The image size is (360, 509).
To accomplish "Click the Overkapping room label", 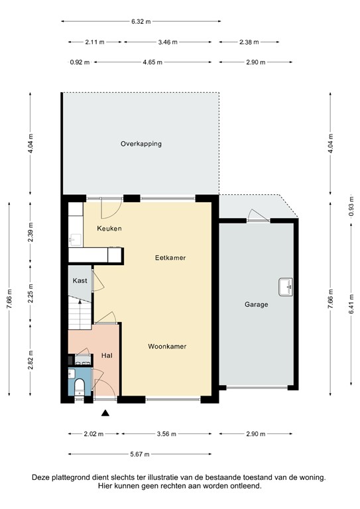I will pyautogui.click(x=141, y=144).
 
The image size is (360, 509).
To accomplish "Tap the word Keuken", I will pyautogui.click(x=109, y=229).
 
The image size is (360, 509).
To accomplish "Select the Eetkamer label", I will pyautogui.click(x=170, y=257).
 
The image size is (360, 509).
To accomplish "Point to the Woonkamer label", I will pyautogui.click(x=166, y=347).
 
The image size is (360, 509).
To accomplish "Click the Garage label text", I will pyautogui.click(x=256, y=305).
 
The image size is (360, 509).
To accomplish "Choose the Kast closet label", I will pyautogui.click(x=80, y=281).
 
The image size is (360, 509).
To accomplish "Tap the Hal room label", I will pyautogui.click(x=106, y=356).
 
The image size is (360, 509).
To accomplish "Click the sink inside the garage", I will pyautogui.click(x=286, y=286).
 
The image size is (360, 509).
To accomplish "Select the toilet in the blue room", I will pyautogui.click(x=79, y=386).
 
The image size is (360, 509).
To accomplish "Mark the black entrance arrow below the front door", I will pyautogui.click(x=105, y=414).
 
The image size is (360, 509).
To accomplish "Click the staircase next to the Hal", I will pyautogui.click(x=80, y=313).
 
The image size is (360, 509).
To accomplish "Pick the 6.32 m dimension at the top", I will pyautogui.click(x=141, y=22).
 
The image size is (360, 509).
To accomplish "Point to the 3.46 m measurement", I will pyautogui.click(x=168, y=42).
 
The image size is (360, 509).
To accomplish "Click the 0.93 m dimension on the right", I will pyautogui.click(x=351, y=205).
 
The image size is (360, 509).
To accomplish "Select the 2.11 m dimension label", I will pyautogui.click(x=95, y=42).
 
